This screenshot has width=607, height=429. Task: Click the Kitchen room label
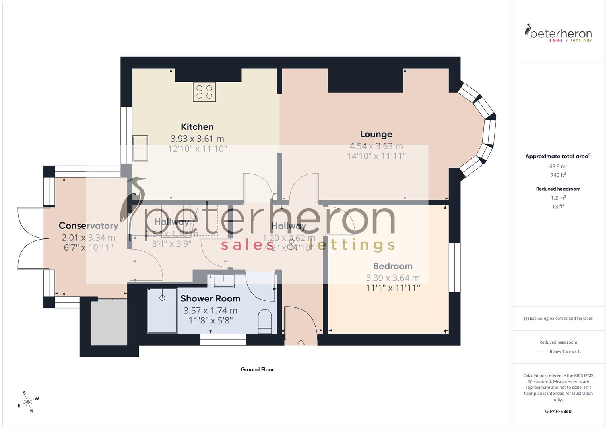tap(197, 127)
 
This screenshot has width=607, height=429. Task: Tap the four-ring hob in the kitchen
tap(204, 92)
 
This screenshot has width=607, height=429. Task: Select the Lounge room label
tap(376, 134)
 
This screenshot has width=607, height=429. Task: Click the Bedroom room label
tap(393, 266)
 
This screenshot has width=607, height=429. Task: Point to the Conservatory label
tap(88, 226)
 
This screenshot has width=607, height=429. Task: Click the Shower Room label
tap(210, 298)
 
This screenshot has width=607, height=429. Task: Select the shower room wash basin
tap(223, 281)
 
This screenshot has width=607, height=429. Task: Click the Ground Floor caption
tap(257, 369)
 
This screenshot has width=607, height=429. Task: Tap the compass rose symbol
tap(28, 402)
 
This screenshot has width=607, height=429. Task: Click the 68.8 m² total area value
tap(558, 166)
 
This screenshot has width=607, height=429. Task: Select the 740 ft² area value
tap(558, 175)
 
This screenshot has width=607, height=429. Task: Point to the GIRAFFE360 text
tap(558, 411)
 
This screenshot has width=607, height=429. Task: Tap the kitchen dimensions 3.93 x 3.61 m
tap(197, 139)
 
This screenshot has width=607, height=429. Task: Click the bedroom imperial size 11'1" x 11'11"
tap(393, 288)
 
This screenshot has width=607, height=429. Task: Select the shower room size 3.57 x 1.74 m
tap(210, 310)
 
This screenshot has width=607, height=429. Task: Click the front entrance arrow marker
tap(301, 344)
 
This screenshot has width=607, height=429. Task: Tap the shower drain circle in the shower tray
tap(162, 297)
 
